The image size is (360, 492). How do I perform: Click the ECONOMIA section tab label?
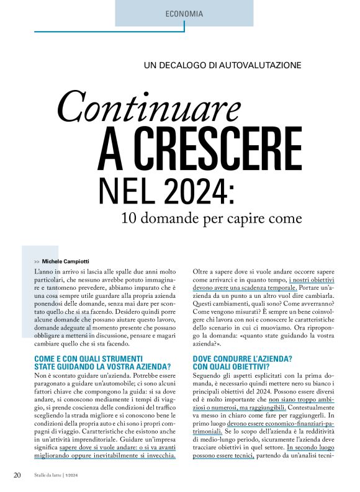(185, 13)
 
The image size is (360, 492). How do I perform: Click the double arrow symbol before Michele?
(37, 262)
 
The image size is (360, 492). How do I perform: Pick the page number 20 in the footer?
(17, 475)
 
